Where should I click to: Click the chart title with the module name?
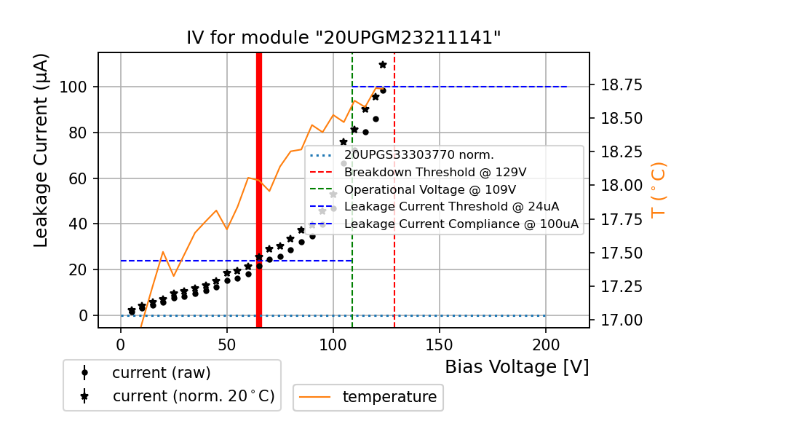point(344,37)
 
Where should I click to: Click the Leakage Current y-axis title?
point(41,149)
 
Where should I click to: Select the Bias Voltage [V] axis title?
point(517,367)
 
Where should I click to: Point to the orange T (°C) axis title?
point(658,189)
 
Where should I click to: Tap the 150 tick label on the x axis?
point(440,345)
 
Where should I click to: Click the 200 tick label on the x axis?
point(546,345)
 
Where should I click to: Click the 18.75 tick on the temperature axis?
point(621,85)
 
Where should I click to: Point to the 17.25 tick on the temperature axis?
point(621,286)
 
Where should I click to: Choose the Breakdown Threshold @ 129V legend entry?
point(435,172)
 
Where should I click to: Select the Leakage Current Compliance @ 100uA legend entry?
point(461,224)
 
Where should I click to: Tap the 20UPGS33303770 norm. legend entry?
point(419,154)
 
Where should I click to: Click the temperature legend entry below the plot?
point(389,397)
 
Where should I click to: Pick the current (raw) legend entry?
point(161,373)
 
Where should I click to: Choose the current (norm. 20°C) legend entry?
point(193,396)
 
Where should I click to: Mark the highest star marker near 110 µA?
point(383,65)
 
